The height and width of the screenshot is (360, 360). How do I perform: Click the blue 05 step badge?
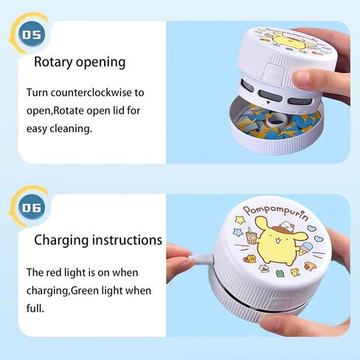[x=32, y=35]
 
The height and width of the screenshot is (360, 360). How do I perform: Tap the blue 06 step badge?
[x=32, y=208]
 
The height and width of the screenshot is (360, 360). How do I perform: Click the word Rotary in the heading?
[x=53, y=62]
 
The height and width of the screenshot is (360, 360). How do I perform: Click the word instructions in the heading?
[x=127, y=240]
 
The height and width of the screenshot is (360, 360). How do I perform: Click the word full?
[x=35, y=308]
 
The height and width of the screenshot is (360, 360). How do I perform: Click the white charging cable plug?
[x=201, y=259]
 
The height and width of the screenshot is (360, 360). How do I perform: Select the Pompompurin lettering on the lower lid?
[x=276, y=212]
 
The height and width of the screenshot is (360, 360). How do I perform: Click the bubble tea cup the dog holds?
[x=251, y=237]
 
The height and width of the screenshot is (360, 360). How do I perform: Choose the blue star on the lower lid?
[x=238, y=232]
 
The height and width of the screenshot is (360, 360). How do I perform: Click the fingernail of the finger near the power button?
[x=300, y=78]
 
